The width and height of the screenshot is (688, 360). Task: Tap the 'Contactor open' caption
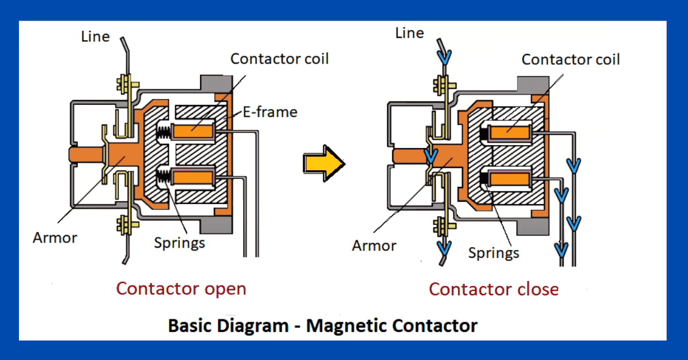click(181, 288)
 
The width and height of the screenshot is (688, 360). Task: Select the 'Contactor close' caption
click(494, 289)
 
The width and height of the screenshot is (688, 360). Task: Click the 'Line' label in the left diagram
click(95, 37)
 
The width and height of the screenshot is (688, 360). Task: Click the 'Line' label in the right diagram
click(409, 33)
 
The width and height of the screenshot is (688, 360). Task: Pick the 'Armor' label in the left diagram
click(55, 237)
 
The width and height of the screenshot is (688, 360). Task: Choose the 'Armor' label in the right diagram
click(374, 245)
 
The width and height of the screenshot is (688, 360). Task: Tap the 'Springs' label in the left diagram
click(179, 242)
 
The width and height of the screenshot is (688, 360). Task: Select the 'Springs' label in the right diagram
click(494, 252)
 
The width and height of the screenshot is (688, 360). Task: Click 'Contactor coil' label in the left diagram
click(279, 58)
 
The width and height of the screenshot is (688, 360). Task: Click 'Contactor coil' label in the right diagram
click(570, 59)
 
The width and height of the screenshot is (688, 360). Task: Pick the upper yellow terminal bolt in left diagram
click(123, 85)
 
